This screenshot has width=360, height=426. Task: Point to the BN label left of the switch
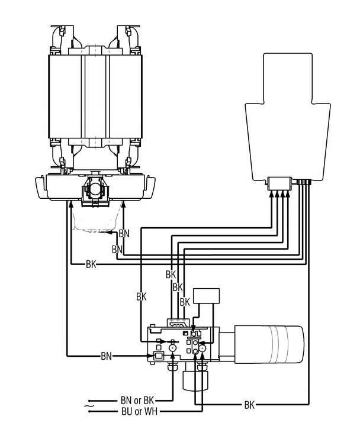tap(106, 356)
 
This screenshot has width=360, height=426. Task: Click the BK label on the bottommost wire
tap(249, 405)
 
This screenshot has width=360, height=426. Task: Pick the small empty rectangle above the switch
tap(206, 296)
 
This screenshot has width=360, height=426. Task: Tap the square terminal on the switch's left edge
tap(158, 356)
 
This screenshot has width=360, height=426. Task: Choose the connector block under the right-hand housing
tap(279, 184)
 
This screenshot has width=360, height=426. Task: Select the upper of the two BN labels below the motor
tap(124, 233)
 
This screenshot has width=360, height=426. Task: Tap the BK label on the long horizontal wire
tap(91, 263)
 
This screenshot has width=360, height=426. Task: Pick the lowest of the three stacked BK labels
tap(184, 302)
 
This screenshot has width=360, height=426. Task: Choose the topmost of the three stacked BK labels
tap(171, 275)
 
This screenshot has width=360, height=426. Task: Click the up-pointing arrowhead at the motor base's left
tap(70, 204)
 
